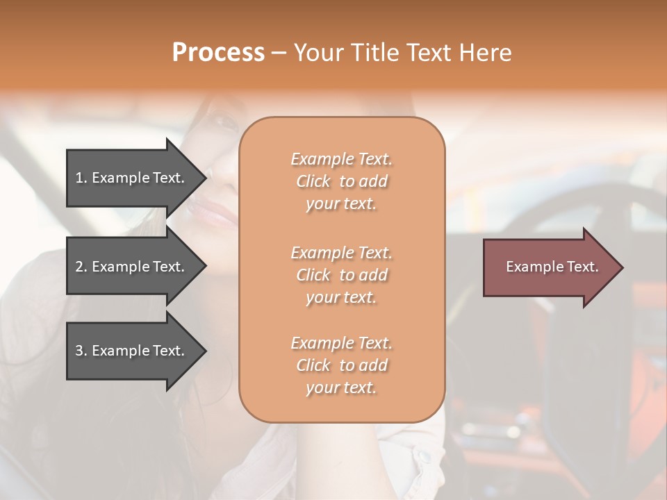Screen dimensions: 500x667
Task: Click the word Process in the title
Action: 218,53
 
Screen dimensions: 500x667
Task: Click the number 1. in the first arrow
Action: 81,178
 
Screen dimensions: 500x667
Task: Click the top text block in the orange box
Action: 341,181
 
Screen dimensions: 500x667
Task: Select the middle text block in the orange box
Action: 341,275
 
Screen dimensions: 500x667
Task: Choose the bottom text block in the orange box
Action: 341,365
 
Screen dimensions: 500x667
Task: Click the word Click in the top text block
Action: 313,182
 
